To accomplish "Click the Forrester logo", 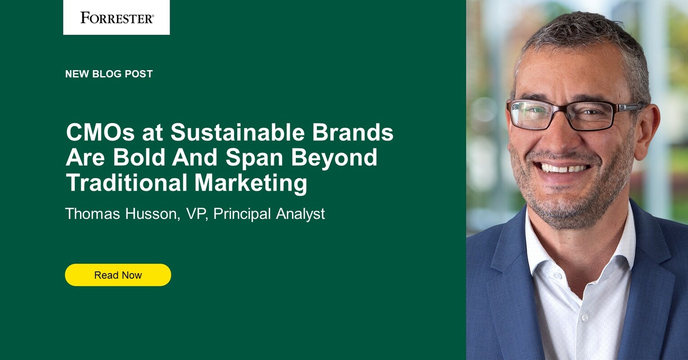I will tap(117, 18).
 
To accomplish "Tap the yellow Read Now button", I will tap(118, 275).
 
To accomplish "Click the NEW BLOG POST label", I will tap(109, 74).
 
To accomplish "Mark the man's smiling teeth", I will tap(565, 168).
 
